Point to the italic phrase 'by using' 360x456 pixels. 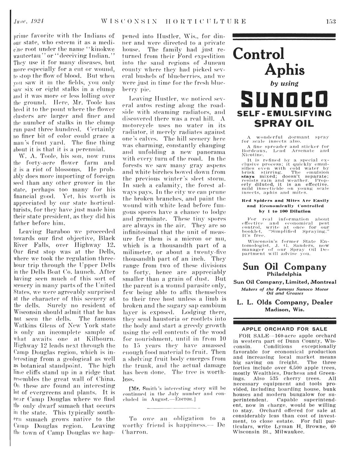click(284, 83)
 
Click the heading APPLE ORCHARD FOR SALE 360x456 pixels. click(284, 329)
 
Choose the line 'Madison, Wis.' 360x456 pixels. click(284, 310)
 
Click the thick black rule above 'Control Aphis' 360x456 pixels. click(284, 36)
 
